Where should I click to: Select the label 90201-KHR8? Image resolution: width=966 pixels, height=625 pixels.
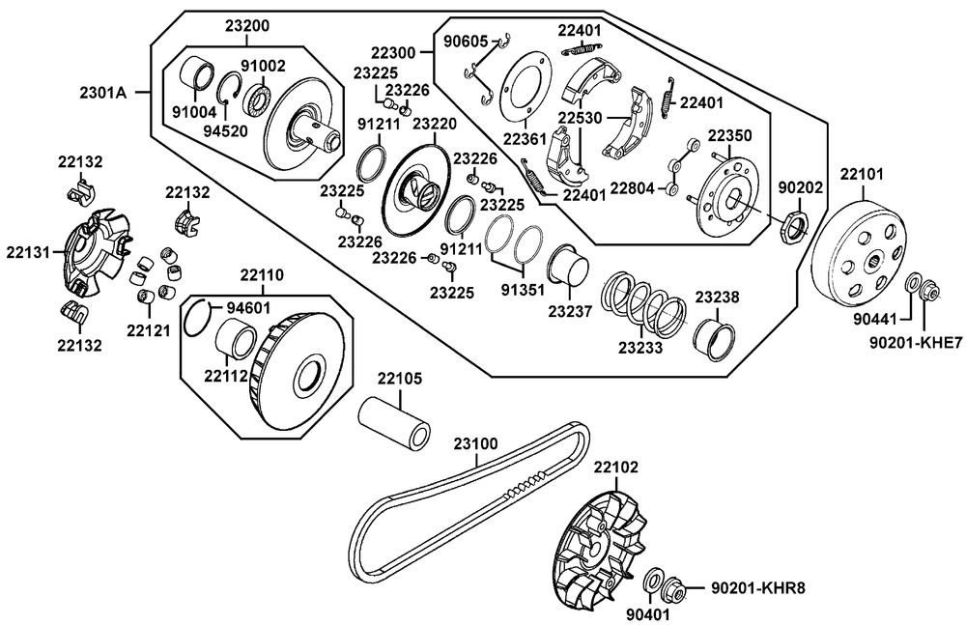pos(757,586)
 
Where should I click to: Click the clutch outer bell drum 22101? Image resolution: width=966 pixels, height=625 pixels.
pos(860,247)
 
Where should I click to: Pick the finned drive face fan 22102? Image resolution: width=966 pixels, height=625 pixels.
pos(599,547)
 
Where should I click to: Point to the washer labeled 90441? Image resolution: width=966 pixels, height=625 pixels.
pos(911,286)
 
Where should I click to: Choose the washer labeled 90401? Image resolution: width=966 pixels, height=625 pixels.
pos(653,580)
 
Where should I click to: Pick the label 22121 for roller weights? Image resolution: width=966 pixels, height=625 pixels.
pos(147,330)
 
